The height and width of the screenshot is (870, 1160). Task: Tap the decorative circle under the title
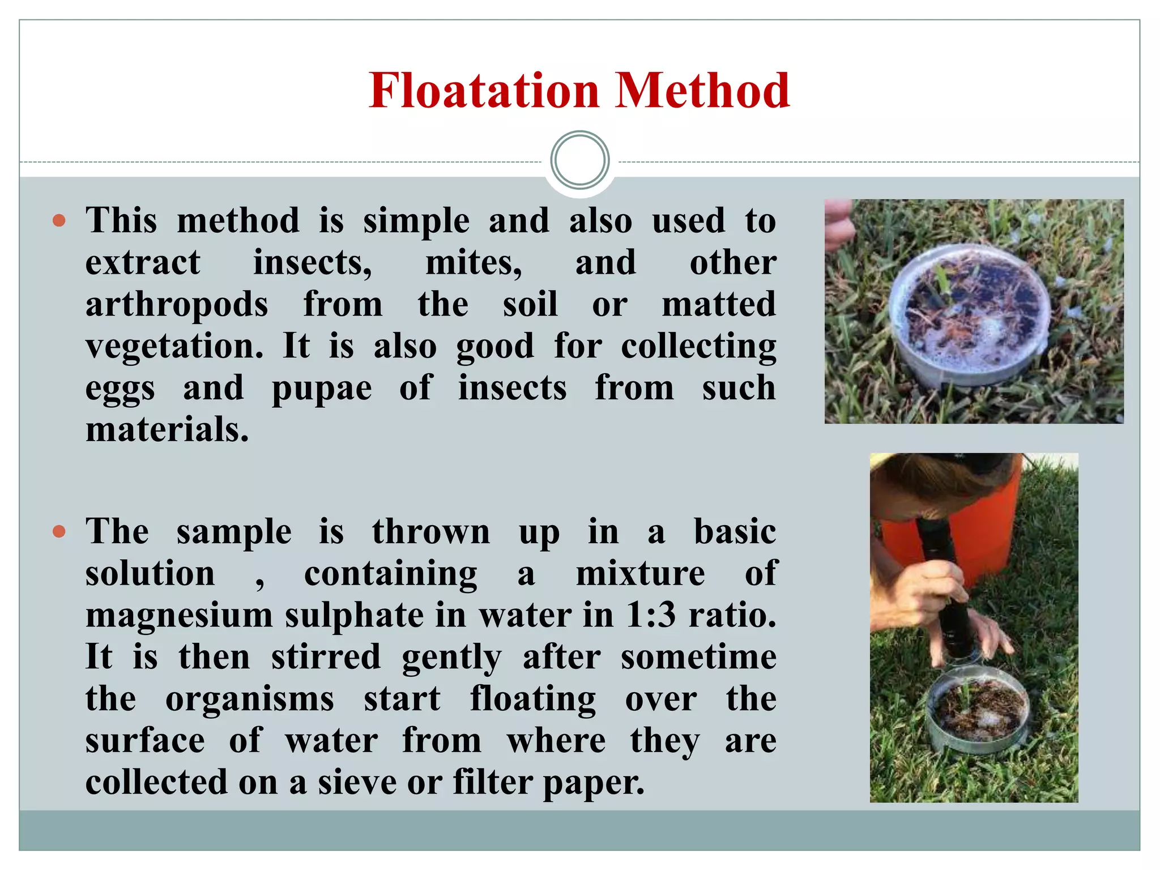coord(579,160)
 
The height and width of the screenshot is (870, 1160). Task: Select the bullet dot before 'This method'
coord(59,220)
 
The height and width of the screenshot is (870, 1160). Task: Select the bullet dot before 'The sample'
coord(59,531)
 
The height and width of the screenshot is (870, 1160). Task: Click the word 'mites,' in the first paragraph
coord(474,263)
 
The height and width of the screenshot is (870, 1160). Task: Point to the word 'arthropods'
coord(177,305)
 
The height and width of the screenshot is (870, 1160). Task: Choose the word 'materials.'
coord(167,429)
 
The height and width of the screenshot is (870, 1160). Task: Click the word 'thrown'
coord(431,532)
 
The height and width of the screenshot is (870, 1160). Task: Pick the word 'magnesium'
coord(179,616)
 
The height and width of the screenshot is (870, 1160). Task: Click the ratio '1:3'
coord(650,616)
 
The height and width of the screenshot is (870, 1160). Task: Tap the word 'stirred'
coord(326,657)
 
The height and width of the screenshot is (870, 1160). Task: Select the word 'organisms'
coord(250,700)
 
